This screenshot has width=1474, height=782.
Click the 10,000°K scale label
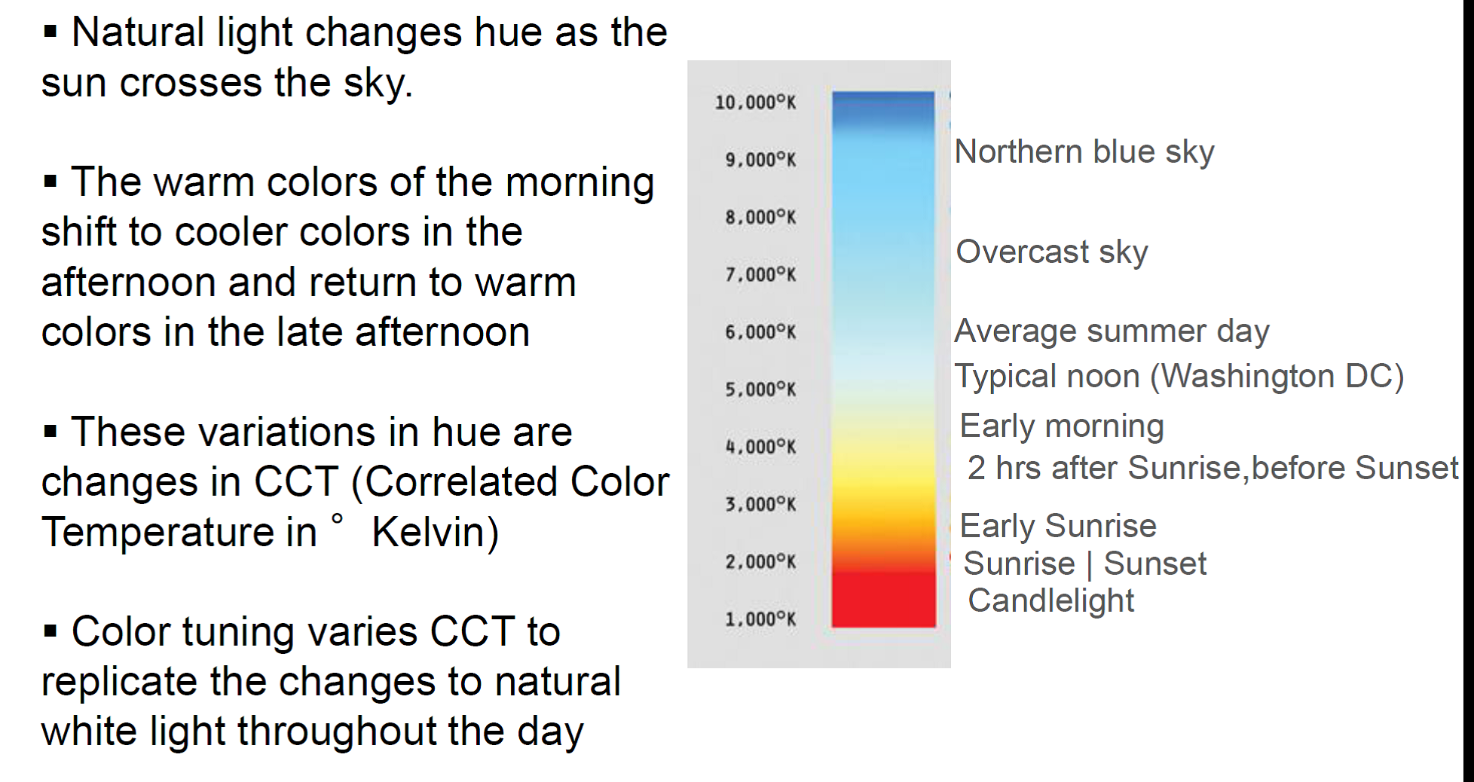755,102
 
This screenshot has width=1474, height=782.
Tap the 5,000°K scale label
760,389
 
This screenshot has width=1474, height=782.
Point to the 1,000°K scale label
760,619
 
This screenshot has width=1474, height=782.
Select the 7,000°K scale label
760,274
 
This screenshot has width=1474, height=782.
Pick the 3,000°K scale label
760,504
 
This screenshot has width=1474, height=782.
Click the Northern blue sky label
1084,152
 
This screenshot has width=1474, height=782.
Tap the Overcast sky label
1052,252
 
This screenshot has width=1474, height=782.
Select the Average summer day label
1112,331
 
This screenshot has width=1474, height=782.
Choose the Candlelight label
1050,601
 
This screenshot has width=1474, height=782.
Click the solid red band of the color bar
883,600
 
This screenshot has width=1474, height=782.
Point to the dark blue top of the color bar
883,105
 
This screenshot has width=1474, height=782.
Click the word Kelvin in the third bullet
436,533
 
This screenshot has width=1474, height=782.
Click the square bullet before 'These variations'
50,432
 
